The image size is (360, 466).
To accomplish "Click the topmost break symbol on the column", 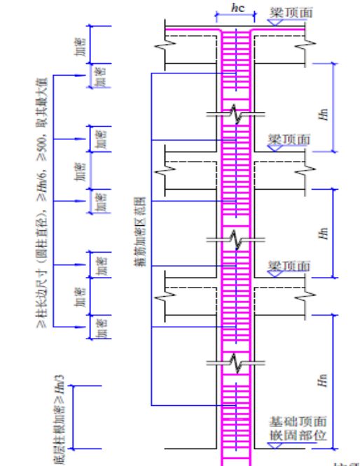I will click(238, 115).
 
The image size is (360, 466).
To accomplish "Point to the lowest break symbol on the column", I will click(238, 362).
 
